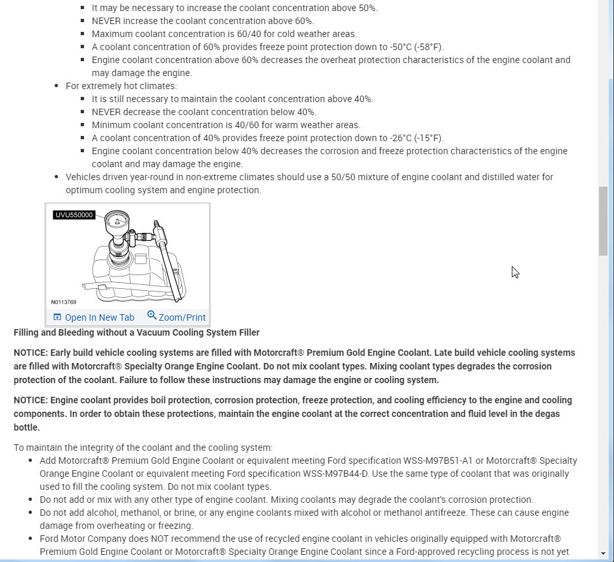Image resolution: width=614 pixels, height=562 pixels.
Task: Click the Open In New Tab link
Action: [x=99, y=317]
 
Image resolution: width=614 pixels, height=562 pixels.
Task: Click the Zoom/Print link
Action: [x=182, y=317]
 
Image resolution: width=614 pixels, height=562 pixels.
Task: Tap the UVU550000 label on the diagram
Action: [x=74, y=215]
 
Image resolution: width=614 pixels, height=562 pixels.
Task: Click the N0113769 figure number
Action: [x=64, y=302]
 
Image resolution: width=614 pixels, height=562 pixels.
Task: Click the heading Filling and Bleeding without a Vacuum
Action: [x=137, y=332]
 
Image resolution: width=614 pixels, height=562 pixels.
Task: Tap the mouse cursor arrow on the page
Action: [x=514, y=271]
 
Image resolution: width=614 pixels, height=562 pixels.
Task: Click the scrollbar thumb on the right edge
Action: [x=603, y=221]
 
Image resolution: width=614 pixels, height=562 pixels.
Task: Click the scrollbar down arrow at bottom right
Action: [x=603, y=554]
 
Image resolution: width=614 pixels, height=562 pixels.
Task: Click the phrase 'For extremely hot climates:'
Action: [x=121, y=86]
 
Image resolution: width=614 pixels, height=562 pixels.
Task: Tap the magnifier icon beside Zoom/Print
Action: [x=152, y=315]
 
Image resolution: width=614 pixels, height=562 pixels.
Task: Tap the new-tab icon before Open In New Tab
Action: [x=57, y=317]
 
